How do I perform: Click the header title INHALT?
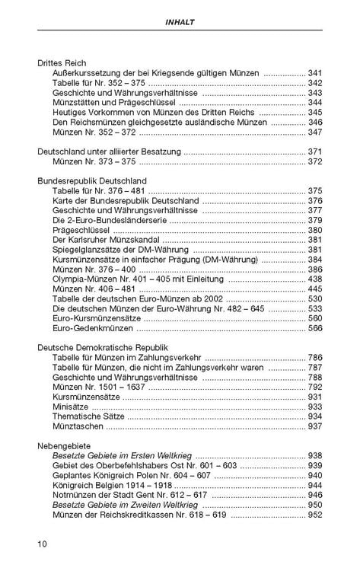(x=180, y=23)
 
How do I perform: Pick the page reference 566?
(x=315, y=329)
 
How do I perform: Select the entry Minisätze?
(x=72, y=407)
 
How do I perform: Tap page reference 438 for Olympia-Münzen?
(x=315, y=279)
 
